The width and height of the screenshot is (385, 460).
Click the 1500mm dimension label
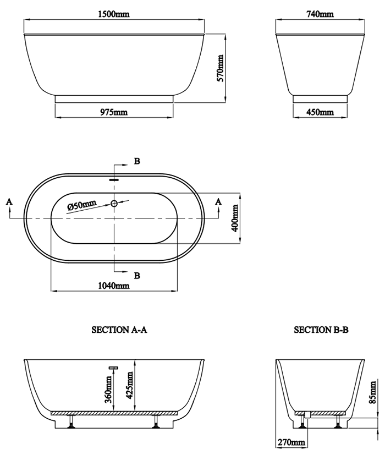coord(114,14)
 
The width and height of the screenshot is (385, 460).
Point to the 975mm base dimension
coord(114,112)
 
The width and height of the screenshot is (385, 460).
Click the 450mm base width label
coord(320,112)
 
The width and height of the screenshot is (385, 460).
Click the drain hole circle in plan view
coord(114,204)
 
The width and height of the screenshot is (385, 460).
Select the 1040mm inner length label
coord(114,286)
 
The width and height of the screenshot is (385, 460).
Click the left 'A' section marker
coord(9,202)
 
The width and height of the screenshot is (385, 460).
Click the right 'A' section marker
coord(218,202)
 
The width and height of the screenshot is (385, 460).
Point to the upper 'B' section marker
coord(137,161)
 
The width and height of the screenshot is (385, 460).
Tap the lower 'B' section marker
coord(137,275)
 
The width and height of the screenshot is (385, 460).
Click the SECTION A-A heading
coord(119,330)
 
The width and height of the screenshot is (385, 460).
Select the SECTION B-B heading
coord(321,330)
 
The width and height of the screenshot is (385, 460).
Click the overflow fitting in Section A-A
coord(114,367)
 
